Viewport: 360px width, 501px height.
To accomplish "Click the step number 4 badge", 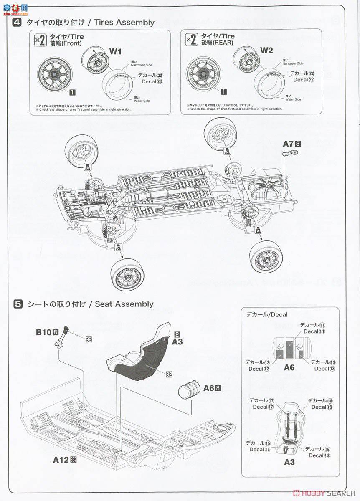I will coord(17,22).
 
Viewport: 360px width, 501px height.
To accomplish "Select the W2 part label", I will coord(266,51).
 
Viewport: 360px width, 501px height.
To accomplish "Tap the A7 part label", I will coord(289,144).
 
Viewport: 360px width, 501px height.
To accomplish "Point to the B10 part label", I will coord(43,332).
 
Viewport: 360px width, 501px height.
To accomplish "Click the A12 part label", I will coord(61,460).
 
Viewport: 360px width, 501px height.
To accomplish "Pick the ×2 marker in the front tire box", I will coord(40,40).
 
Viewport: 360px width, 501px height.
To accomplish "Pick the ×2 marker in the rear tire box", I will coord(191,40).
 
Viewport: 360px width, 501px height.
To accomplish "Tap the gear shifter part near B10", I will coord(62,337).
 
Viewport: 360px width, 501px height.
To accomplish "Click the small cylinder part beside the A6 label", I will coord(189,390).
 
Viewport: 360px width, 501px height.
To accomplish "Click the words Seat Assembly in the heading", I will coord(124,304).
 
